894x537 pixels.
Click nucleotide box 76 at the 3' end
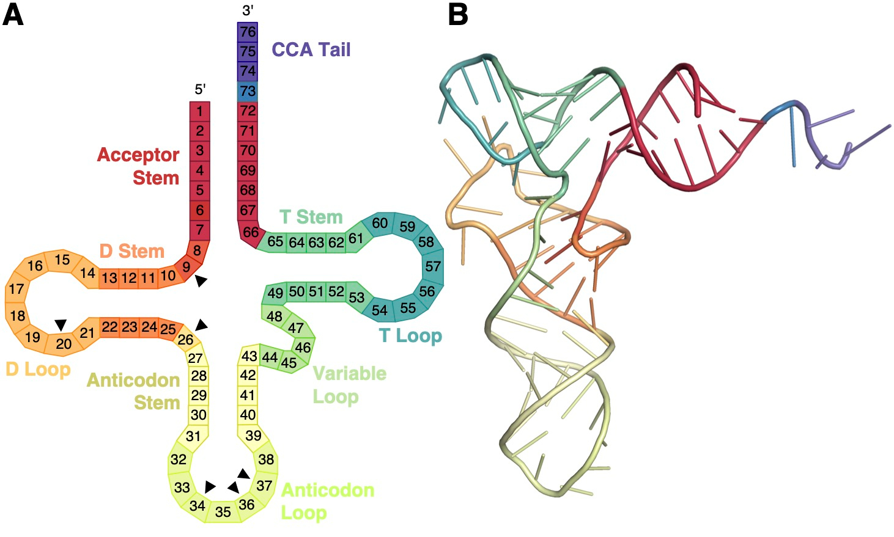[x=248, y=32]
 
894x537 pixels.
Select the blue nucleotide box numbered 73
[x=248, y=92]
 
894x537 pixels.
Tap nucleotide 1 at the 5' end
[x=200, y=111]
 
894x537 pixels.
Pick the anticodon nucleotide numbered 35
[x=223, y=511]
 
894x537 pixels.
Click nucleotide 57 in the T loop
[x=433, y=266]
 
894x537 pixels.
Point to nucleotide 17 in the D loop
[x=17, y=289]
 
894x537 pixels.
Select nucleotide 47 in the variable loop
[x=296, y=328]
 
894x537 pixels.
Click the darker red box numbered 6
[x=200, y=210]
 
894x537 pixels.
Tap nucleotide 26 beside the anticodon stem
[x=185, y=340]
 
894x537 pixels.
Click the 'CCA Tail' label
[x=311, y=49]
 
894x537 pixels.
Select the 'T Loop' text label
[x=410, y=335]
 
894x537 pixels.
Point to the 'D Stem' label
[x=131, y=251]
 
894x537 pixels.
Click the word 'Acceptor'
[x=138, y=155]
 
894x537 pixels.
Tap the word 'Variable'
[x=349, y=373]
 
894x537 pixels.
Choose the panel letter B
[x=458, y=15]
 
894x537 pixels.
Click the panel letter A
[x=13, y=15]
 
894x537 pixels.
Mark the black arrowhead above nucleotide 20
[x=61, y=324]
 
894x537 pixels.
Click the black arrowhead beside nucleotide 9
[x=201, y=281]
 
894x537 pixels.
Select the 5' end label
[x=200, y=90]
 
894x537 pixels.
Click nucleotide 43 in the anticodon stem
[x=249, y=356]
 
